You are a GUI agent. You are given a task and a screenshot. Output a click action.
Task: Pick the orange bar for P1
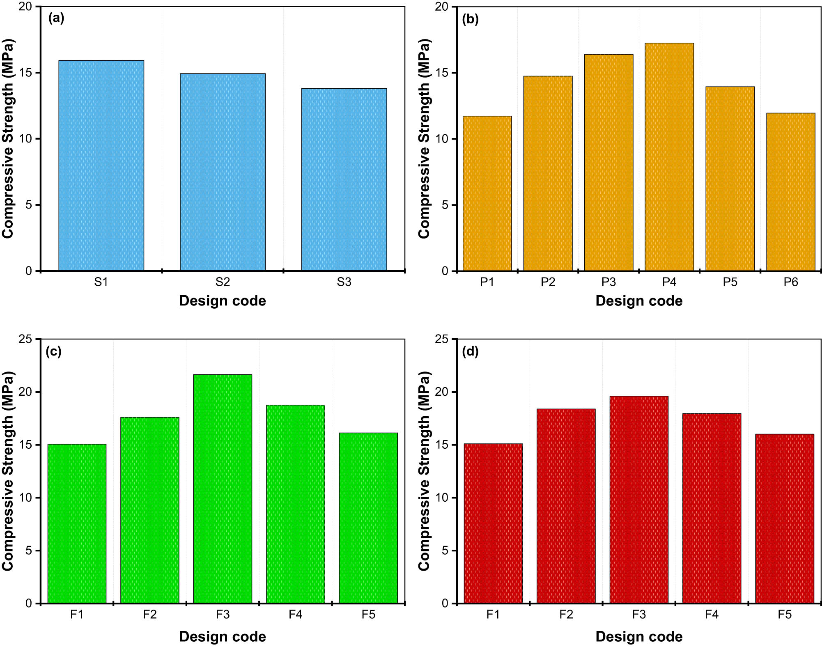487,193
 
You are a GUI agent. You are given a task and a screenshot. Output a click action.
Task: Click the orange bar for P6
790,192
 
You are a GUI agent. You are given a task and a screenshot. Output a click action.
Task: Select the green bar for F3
223,489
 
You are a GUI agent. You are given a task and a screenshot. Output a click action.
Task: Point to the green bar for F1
77,523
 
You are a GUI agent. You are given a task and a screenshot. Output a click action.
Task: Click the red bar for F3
638,500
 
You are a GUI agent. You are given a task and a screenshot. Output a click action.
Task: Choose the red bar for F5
784,519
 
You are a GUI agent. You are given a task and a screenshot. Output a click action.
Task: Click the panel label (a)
56,18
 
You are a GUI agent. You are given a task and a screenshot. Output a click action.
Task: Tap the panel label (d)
470,351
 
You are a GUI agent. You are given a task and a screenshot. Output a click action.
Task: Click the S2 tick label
223,282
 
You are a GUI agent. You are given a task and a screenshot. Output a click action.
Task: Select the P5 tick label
730,282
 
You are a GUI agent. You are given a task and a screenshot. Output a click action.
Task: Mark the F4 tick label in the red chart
712,615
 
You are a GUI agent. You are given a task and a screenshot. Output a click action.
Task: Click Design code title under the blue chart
223,301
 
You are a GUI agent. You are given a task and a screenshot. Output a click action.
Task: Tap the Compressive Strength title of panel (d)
424,471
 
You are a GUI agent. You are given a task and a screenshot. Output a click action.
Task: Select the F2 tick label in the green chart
150,615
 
